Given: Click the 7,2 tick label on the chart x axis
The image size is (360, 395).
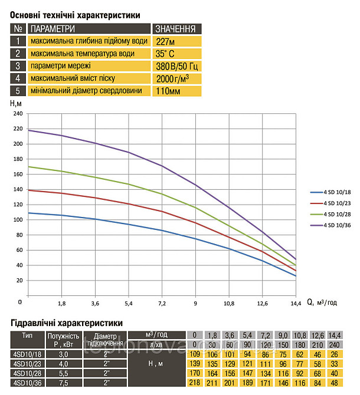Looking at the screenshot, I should [162, 303].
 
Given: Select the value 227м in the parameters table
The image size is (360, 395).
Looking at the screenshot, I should [164, 41].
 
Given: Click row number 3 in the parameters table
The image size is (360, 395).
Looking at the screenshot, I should [18, 66].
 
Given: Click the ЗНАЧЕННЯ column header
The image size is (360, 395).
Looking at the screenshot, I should [175, 28].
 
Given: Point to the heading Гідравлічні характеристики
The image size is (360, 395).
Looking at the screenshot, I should [67, 323].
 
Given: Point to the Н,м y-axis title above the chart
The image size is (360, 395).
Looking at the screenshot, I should [16, 103].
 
